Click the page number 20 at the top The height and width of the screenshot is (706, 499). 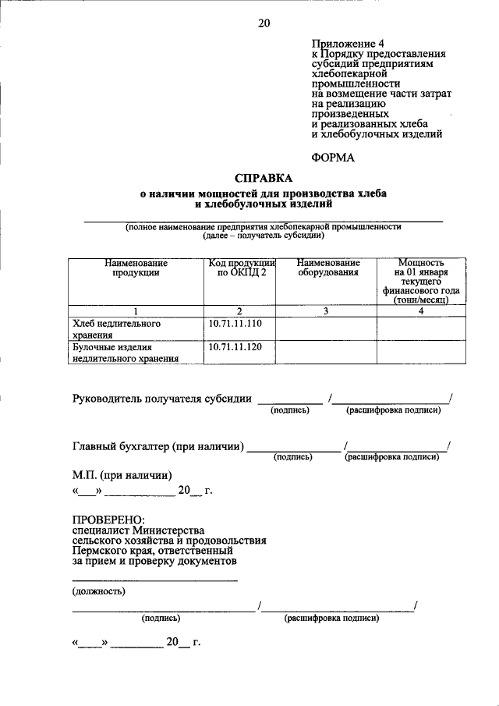tap(264, 23)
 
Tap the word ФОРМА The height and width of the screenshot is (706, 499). tap(333, 157)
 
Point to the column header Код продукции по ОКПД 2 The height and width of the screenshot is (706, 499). tap(241, 268)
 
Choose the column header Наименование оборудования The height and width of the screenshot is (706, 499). tap(327, 268)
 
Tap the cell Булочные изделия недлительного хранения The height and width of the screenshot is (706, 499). tap(125, 352)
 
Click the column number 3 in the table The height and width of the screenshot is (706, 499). tap(327, 310)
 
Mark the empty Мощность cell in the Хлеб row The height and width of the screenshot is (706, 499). tap(420, 328)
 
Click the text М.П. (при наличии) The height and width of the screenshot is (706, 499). tap(122, 475)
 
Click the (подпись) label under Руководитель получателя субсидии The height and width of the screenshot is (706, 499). tap(289, 410)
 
